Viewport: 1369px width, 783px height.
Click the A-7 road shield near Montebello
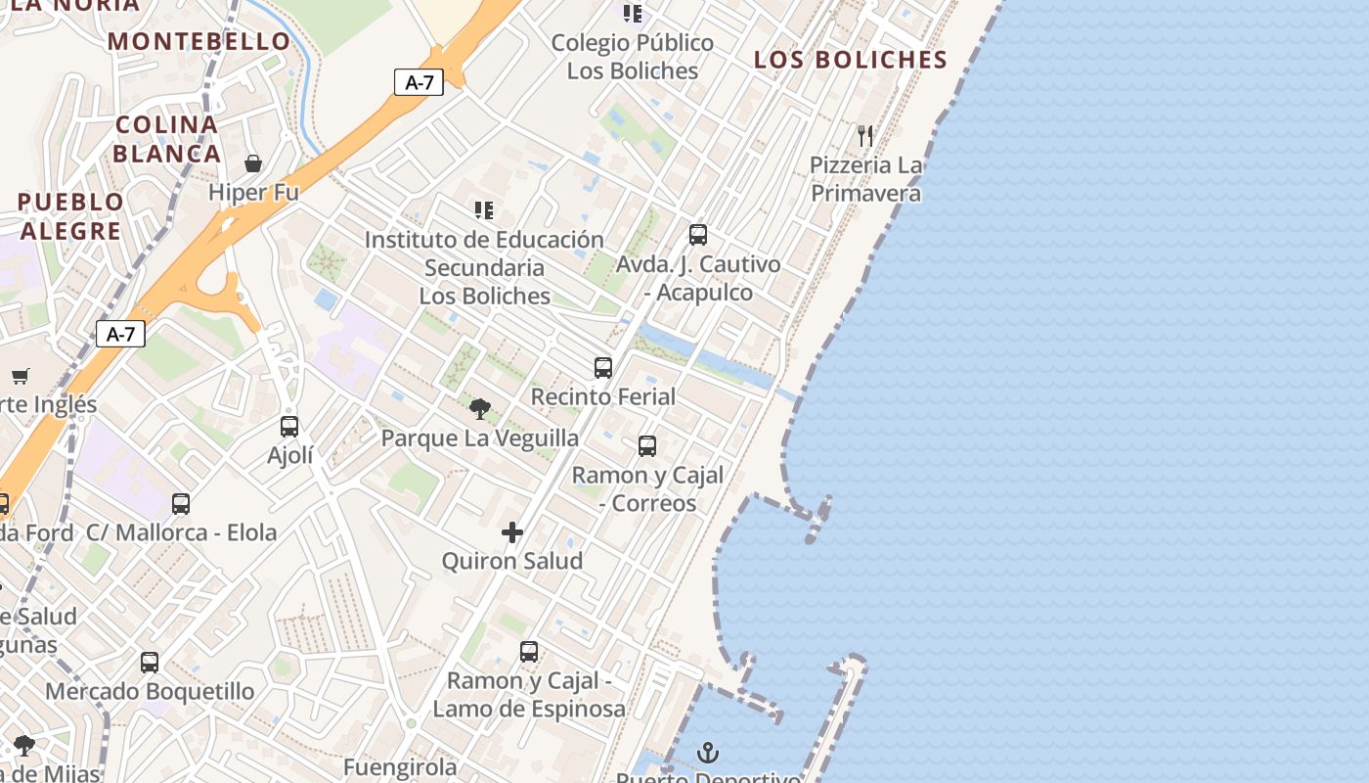point(419,82)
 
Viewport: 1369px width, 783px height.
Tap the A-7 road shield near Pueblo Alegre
point(120,334)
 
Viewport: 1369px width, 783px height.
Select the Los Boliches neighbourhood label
point(850,60)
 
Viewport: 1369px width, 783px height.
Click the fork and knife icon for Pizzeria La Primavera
point(865,135)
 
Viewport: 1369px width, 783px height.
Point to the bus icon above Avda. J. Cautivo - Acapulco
point(697,235)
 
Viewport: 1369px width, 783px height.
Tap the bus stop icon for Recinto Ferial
point(603,368)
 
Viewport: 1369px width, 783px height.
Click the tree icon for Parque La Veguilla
point(479,409)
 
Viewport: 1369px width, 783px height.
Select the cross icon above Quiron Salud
point(511,532)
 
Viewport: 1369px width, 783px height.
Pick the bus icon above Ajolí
point(289,427)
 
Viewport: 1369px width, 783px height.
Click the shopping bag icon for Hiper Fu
point(253,163)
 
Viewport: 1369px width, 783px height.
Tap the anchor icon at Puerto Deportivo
point(708,753)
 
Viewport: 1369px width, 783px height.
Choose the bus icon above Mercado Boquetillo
point(150,663)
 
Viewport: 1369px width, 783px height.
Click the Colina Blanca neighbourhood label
point(167,139)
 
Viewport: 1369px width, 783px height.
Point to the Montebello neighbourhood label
point(199,41)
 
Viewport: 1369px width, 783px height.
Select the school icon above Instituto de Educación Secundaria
point(483,210)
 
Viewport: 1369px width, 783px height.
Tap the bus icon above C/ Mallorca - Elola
point(181,504)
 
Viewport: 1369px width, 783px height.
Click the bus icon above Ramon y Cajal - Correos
point(647,446)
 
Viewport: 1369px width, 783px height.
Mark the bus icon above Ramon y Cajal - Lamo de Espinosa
point(529,652)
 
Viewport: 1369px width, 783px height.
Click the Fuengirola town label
point(400,766)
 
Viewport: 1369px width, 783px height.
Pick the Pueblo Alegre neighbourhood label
point(70,216)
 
